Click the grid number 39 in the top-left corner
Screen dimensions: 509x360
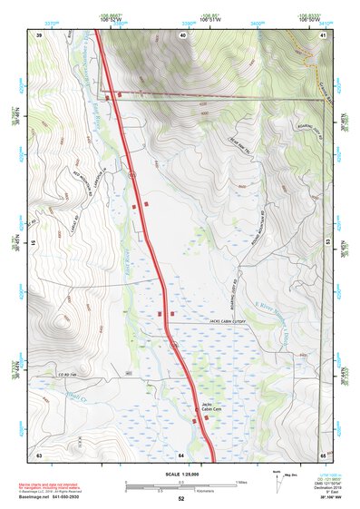pos(39,34)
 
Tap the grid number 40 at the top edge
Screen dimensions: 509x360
pos(183,34)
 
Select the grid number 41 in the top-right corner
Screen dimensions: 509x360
pos(324,34)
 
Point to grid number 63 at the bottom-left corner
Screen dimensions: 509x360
pos(39,454)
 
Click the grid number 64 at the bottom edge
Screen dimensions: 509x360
pos(181,454)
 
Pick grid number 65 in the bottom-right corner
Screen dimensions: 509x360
pos(324,454)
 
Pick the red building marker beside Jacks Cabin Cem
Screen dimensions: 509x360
pos(194,419)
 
